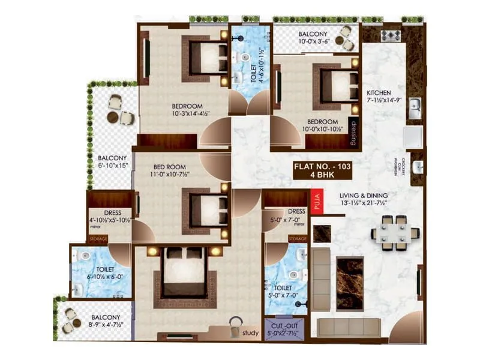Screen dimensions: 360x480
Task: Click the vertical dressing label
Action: [354, 133]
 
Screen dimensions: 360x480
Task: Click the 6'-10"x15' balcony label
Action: [113, 162]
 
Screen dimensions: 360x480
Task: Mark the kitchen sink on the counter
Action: [413, 109]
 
